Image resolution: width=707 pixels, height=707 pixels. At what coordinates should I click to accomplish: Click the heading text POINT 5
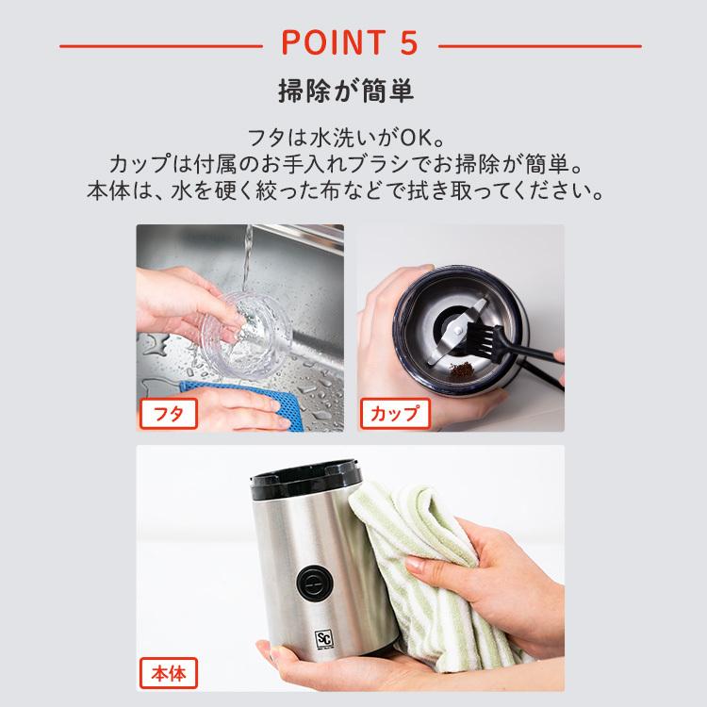tap(351, 44)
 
